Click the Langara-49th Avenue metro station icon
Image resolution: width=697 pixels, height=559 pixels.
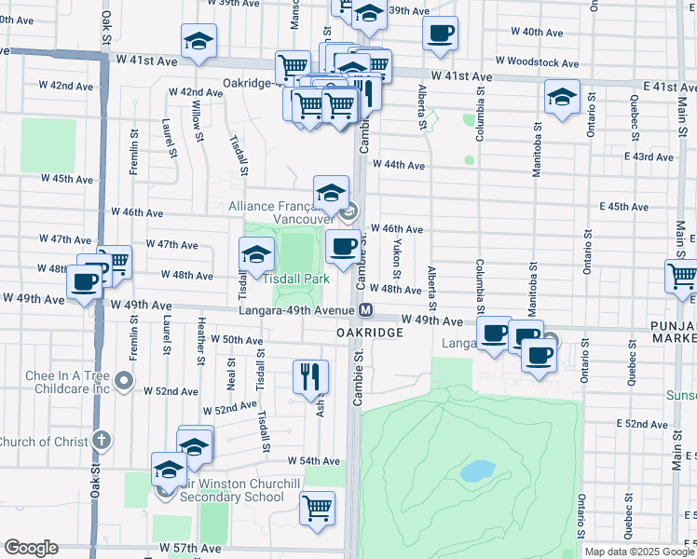click(366, 310)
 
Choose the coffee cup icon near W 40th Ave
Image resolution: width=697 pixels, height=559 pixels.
click(440, 34)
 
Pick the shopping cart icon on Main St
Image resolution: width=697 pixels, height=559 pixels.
click(682, 275)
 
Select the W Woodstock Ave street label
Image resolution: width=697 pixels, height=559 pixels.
click(537, 62)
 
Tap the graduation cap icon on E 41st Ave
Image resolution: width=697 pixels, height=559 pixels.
click(562, 97)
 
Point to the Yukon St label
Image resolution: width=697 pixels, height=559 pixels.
click(396, 260)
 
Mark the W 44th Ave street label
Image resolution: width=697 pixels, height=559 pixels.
click(399, 165)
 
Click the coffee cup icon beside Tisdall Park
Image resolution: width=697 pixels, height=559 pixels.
click(344, 246)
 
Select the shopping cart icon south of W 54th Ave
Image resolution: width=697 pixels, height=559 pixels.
click(317, 509)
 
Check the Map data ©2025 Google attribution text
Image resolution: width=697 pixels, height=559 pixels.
click(638, 552)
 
